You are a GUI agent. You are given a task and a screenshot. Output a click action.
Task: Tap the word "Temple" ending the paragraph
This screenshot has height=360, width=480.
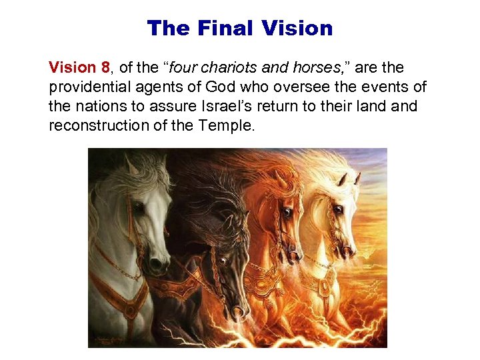[x=228, y=125]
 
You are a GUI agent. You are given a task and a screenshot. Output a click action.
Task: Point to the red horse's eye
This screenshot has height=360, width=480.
[x=286, y=213]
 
